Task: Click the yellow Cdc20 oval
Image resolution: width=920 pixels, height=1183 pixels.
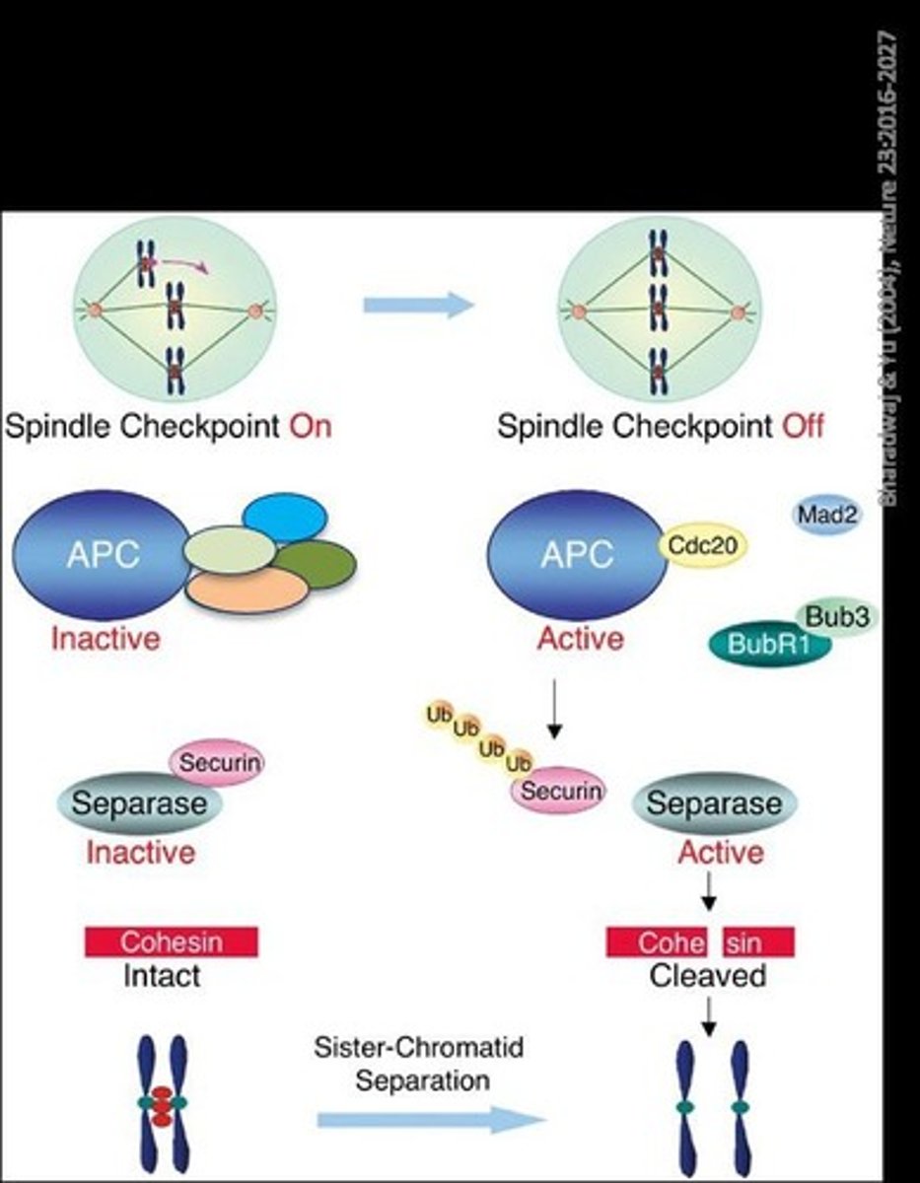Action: (x=703, y=544)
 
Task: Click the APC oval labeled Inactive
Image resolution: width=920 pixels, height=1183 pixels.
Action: (x=100, y=556)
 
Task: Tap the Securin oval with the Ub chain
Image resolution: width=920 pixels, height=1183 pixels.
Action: (x=556, y=790)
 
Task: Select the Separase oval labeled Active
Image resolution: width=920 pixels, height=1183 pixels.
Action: (x=714, y=803)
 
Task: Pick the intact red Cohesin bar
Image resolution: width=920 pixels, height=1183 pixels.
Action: (x=172, y=941)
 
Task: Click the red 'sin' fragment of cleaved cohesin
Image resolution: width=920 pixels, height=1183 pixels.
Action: (x=758, y=941)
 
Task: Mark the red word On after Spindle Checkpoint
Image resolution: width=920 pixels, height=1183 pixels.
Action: (x=310, y=427)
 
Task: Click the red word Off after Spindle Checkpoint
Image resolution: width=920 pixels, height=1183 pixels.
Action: (x=803, y=427)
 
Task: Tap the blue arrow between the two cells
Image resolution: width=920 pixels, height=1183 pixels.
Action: (x=418, y=306)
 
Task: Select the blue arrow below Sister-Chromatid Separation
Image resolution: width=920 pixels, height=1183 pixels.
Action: (x=430, y=1120)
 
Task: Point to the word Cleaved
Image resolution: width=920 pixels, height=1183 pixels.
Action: (x=707, y=976)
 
